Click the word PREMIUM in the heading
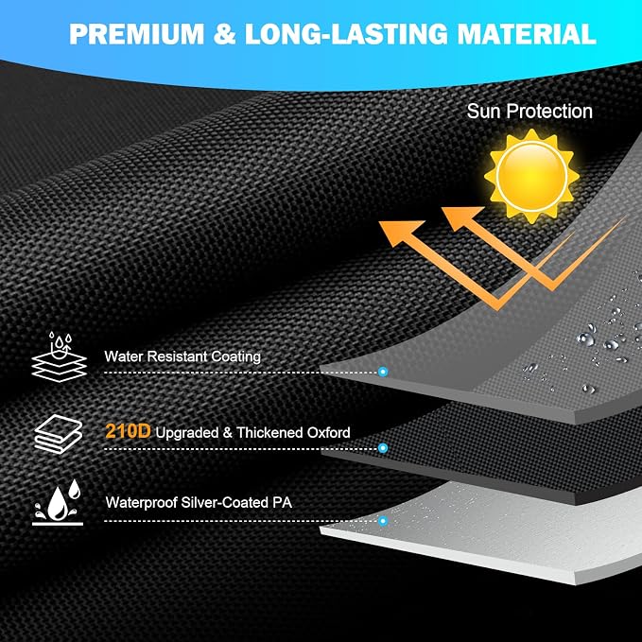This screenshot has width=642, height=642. [137, 34]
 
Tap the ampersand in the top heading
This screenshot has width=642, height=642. [224, 34]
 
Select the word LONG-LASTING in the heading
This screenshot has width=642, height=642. [346, 34]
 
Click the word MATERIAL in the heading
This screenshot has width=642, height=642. [527, 34]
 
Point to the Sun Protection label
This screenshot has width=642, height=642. [529, 111]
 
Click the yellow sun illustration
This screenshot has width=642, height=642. [531, 177]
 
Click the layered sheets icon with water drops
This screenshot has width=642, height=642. [59, 356]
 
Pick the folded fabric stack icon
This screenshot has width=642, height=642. [58, 434]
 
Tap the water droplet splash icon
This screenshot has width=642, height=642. [58, 502]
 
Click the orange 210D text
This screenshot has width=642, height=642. [128, 431]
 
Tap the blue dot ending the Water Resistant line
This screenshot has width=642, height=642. [383, 372]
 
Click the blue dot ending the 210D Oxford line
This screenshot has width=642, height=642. [383, 448]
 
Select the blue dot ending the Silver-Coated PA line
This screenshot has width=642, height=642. [383, 521]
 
